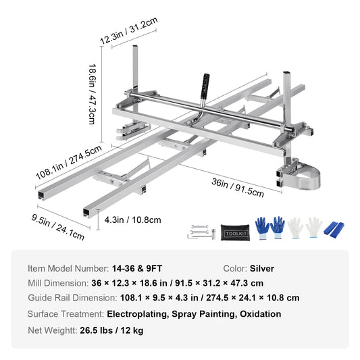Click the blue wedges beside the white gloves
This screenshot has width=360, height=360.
pos(335,230)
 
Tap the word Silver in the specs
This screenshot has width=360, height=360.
pos(261,268)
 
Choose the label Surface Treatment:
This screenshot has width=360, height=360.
pos(66,313)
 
